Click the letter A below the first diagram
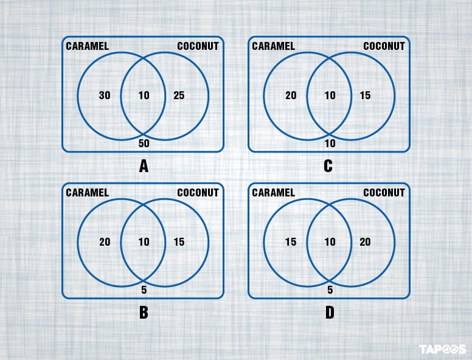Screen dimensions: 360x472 tap(144, 166)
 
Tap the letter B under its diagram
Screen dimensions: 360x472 tap(144, 313)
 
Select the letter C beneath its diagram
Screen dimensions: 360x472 tap(328, 166)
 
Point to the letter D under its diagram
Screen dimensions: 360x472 tap(329, 313)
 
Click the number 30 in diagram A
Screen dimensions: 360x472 tap(105, 95)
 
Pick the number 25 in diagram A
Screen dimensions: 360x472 tap(179, 95)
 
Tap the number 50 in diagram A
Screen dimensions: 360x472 tap(144, 144)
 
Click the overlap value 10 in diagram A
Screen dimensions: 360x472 tap(144, 95)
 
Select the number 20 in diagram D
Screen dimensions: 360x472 tap(365, 242)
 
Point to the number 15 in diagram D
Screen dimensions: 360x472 tap(291, 242)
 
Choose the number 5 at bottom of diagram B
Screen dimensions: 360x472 tap(144, 290)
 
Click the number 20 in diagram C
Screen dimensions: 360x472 tap(291, 95)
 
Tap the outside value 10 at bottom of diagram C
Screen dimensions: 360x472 tap(330, 144)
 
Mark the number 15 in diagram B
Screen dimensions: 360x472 tap(179, 242)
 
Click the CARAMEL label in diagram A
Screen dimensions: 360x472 tap(87, 46)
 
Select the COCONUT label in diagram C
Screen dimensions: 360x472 tap(384, 46)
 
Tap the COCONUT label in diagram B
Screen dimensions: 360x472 tap(198, 193)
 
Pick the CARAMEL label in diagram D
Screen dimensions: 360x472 tap(273, 193)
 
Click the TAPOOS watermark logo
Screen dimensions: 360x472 tap(442, 349)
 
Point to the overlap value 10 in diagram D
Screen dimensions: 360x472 tap(330, 242)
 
